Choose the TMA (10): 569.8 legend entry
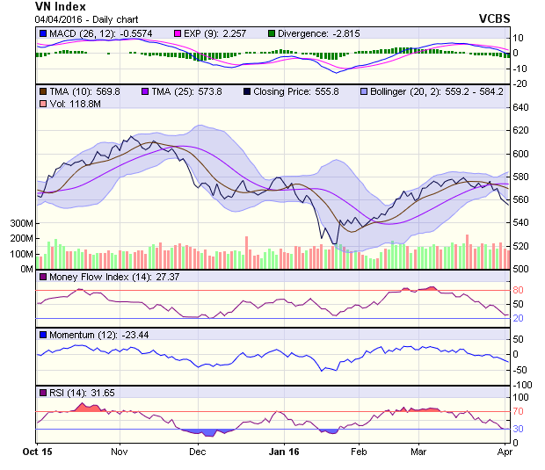(84, 90)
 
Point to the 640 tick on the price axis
(521, 107)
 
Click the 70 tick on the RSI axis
(519, 411)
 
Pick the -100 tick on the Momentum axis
(521, 385)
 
